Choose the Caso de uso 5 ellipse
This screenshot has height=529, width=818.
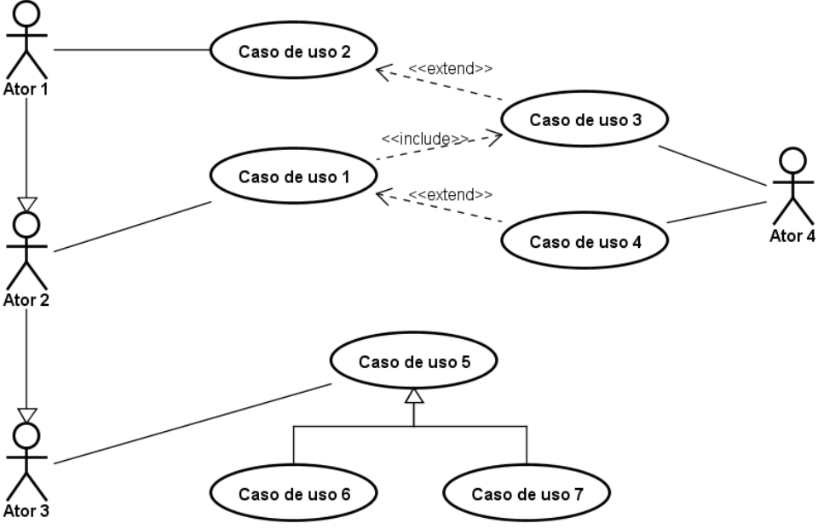click(413, 361)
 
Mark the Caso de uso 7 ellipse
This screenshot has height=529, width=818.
click(527, 493)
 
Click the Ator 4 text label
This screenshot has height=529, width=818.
click(792, 236)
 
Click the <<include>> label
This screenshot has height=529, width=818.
click(424, 137)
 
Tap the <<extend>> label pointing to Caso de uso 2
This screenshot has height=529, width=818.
click(451, 68)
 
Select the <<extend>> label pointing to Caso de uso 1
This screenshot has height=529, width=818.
click(451, 194)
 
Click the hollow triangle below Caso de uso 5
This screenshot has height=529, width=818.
click(413, 394)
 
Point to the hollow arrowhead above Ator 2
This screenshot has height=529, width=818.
click(27, 204)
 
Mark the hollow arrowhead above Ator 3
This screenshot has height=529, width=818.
click(27, 415)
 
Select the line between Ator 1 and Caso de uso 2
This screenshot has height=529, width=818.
click(132, 50)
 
